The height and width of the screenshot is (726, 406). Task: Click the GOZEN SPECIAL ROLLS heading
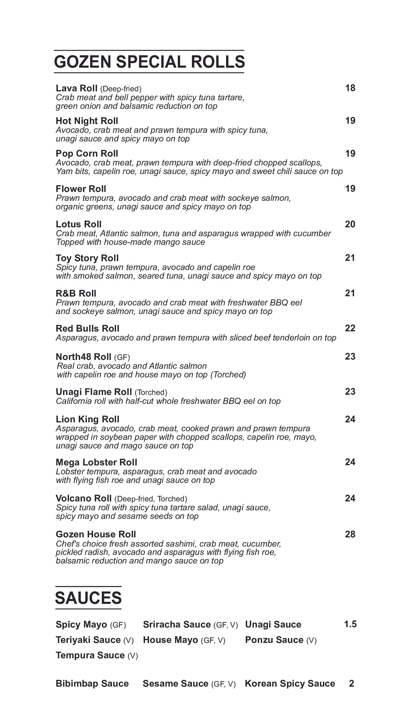(149, 62)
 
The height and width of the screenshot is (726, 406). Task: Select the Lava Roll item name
(77, 88)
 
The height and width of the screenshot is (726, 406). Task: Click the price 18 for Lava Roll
(350, 88)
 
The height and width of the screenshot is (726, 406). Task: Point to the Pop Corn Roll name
(87, 154)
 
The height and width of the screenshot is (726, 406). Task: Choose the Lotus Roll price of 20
(350, 224)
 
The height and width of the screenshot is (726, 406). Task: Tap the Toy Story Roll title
(87, 258)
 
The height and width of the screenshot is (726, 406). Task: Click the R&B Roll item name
(76, 293)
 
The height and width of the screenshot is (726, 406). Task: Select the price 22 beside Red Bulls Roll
(350, 328)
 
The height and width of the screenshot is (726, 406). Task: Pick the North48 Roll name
(83, 357)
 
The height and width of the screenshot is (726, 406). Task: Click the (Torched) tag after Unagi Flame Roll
(151, 393)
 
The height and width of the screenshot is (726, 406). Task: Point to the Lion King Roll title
(87, 420)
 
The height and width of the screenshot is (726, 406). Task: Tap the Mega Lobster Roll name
(96, 462)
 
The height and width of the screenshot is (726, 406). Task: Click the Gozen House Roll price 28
(350, 534)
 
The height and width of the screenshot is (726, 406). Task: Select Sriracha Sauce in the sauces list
(177, 625)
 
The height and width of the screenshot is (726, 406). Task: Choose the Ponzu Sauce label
(274, 640)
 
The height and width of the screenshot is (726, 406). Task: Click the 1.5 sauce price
(350, 624)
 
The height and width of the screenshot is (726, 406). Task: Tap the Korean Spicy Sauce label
(290, 684)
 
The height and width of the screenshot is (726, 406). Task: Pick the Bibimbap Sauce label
(92, 684)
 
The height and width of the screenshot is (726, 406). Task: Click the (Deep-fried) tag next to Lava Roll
(121, 89)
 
